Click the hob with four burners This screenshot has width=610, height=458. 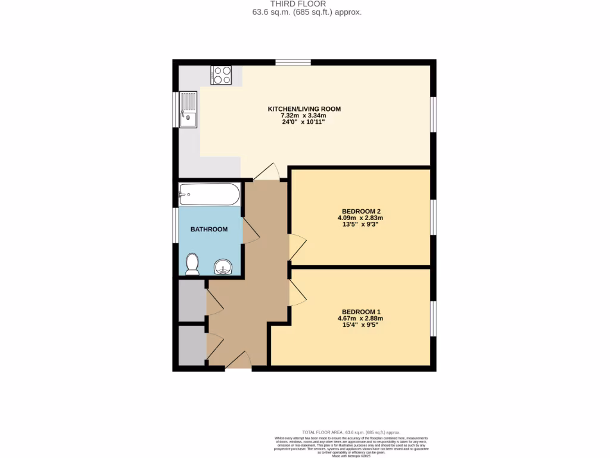coord(220,75)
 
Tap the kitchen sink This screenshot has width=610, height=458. coord(188,109)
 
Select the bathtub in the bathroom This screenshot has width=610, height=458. coord(209,194)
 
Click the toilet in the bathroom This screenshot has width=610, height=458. coord(192,264)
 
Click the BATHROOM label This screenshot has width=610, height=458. coord(208,229)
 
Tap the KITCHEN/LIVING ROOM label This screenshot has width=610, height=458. coord(304,109)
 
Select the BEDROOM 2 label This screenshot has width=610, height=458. coord(360,211)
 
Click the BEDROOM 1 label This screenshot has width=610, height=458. coord(360,312)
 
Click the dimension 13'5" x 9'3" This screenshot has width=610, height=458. coord(360,225)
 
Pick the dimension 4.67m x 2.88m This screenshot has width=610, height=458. coord(360,318)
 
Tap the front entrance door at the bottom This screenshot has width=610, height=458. coord(239,361)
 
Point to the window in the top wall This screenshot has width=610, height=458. coord(292,62)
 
